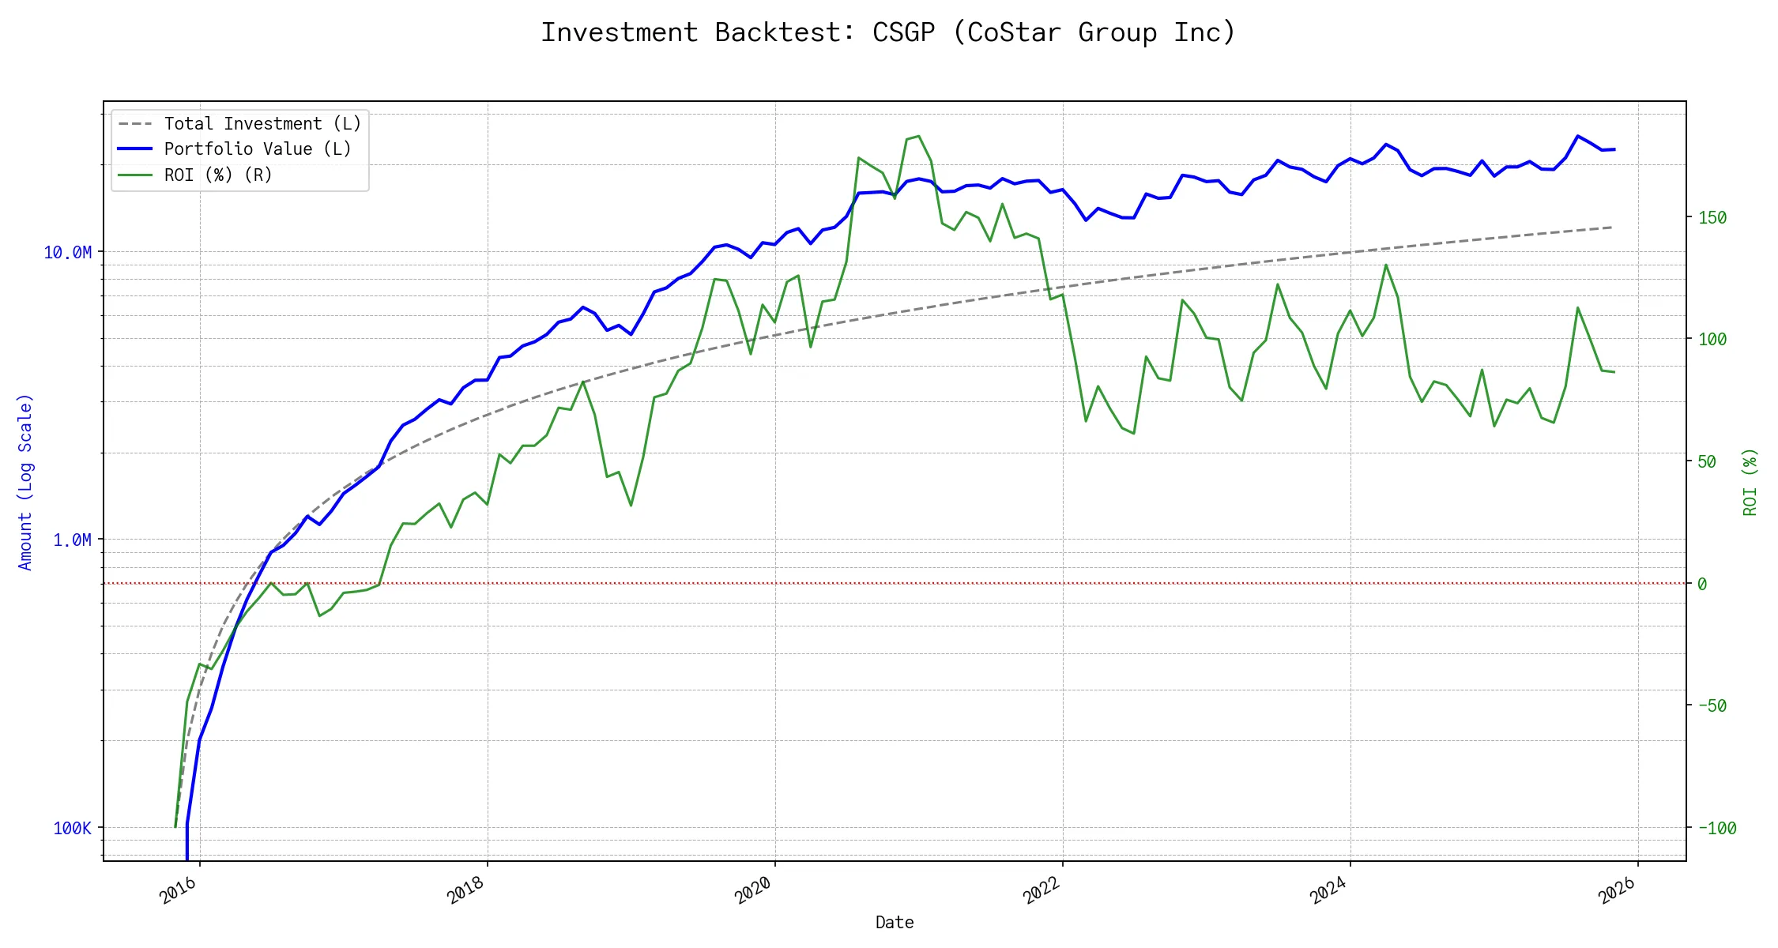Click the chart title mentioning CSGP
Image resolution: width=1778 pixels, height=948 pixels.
click(887, 32)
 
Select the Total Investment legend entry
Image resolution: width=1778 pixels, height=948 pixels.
click(262, 124)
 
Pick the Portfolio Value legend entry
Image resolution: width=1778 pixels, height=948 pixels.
click(258, 149)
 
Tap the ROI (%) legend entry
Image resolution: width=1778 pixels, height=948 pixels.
click(218, 175)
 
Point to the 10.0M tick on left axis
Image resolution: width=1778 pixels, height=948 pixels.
click(67, 253)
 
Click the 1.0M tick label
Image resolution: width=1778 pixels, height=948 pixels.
click(72, 540)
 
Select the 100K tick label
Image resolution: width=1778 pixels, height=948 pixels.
click(72, 829)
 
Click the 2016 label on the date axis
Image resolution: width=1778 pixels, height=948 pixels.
click(179, 891)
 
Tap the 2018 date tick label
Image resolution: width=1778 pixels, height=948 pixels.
click(466, 891)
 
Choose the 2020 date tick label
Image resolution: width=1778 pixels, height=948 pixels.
click(754, 891)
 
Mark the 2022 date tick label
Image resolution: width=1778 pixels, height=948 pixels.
click(1042, 891)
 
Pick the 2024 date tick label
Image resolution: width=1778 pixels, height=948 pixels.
click(1329, 891)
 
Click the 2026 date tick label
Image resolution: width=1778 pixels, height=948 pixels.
click(1617, 891)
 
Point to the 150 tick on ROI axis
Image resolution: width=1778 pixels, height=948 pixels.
click(1712, 218)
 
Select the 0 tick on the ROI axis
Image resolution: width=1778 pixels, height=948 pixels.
click(1702, 585)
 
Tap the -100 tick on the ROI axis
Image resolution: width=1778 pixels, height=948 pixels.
click(1717, 829)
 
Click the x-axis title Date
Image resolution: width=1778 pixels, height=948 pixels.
click(895, 923)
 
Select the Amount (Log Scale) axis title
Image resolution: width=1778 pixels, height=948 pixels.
click(25, 482)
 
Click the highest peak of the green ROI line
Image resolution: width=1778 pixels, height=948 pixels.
click(918, 136)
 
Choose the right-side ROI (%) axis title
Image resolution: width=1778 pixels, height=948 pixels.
click(1750, 482)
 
